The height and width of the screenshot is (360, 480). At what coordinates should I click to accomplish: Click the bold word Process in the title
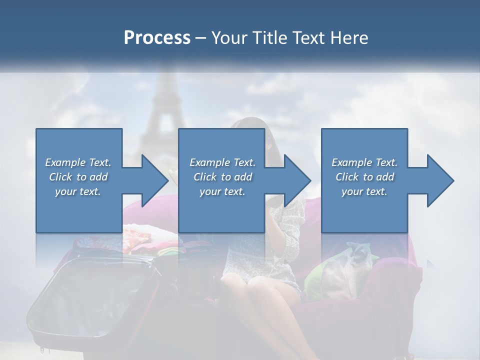[157, 37]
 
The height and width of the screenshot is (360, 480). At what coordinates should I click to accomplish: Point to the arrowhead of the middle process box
[296, 180]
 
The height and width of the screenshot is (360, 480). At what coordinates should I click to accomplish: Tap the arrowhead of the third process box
[439, 180]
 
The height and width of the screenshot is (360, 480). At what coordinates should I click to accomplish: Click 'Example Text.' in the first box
[78, 162]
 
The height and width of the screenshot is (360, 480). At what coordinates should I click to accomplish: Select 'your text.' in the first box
[78, 191]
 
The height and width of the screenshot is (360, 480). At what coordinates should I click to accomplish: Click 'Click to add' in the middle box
[222, 177]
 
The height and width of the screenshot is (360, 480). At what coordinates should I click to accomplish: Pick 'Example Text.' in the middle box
[222, 162]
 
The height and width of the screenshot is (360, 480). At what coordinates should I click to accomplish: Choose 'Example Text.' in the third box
[364, 162]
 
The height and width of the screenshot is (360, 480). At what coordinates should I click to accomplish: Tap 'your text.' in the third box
[364, 191]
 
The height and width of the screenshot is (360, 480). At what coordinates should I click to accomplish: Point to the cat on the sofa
[350, 265]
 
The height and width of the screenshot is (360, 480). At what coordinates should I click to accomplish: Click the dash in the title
[201, 38]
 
